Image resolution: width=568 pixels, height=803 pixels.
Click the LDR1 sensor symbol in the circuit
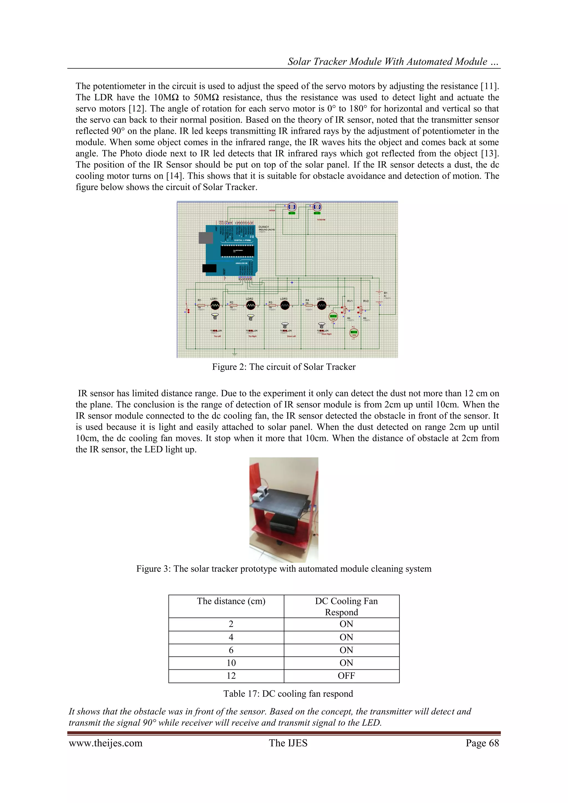215,305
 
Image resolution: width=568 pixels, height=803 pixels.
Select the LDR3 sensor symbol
285,305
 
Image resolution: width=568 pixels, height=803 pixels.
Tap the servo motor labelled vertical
292,207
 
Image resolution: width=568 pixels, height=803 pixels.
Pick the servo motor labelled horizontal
317,207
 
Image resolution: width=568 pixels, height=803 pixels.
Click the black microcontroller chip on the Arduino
237,250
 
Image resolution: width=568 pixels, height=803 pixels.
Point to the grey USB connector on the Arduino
206,238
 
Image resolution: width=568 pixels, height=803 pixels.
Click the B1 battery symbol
379,297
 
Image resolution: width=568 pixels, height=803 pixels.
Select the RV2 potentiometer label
366,301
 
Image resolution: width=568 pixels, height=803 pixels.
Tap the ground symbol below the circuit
235,353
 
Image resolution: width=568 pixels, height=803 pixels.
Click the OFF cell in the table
346,676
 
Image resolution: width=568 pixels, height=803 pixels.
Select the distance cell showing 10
231,663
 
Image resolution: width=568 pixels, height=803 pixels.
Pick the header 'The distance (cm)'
231,601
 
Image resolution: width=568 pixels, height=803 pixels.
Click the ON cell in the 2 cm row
346,624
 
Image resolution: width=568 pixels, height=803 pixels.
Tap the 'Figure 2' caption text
283,367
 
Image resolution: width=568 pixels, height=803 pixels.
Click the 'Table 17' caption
288,694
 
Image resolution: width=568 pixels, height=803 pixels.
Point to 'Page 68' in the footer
482,743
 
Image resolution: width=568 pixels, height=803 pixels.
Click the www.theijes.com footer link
106,743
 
